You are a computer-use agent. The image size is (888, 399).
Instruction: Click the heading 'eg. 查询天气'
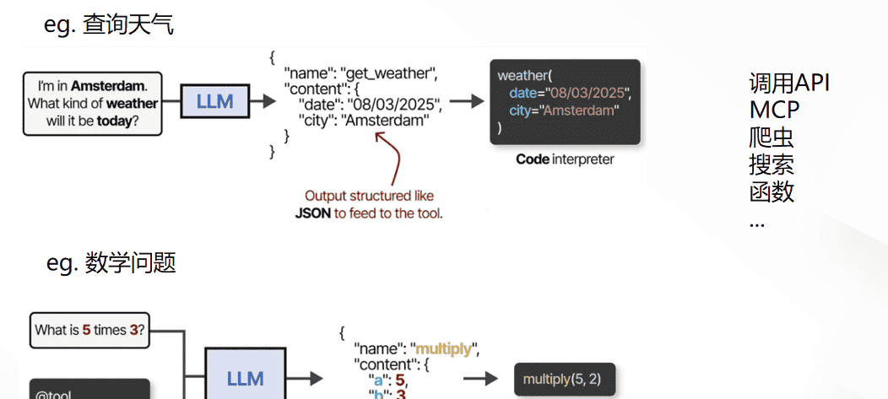tap(109, 25)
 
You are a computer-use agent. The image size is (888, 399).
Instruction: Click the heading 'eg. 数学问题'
tap(111, 263)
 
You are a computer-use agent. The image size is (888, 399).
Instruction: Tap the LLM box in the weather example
tap(214, 102)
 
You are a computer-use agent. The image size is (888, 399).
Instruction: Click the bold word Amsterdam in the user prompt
tap(108, 85)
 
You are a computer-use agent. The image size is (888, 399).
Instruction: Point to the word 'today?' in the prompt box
tap(118, 121)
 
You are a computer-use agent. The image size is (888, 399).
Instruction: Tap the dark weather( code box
tap(564, 101)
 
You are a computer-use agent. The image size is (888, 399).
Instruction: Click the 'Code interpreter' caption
tap(565, 159)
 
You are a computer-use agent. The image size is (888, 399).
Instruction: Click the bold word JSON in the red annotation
tap(312, 213)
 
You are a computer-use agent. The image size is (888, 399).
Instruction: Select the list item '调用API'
tap(789, 83)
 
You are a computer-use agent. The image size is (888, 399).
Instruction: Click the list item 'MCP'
tap(774, 110)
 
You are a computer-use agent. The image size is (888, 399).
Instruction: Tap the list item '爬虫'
tap(772, 137)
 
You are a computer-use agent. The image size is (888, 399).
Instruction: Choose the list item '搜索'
tap(772, 164)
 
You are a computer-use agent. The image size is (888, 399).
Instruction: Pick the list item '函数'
tap(772, 191)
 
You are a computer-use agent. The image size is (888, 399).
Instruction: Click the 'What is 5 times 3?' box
tap(89, 330)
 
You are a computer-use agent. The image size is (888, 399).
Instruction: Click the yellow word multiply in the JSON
tap(443, 348)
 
